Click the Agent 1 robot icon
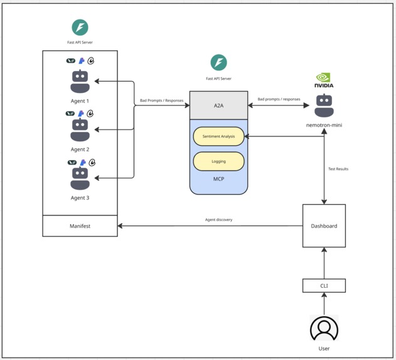click(80, 81)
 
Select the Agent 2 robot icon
click(80, 130)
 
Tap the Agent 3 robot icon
click(80, 178)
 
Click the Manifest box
click(80, 226)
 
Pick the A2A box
click(218, 106)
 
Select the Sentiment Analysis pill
click(218, 136)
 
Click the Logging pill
click(218, 161)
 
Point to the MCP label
click(218, 179)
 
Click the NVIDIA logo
click(324, 80)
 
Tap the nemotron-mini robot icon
click(324, 106)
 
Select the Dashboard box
click(324, 226)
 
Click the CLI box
click(324, 285)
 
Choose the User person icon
click(324, 329)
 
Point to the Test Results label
click(338, 169)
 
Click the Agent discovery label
click(218, 220)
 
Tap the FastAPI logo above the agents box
click(80, 28)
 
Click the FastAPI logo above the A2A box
click(218, 62)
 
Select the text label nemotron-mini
click(324, 125)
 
